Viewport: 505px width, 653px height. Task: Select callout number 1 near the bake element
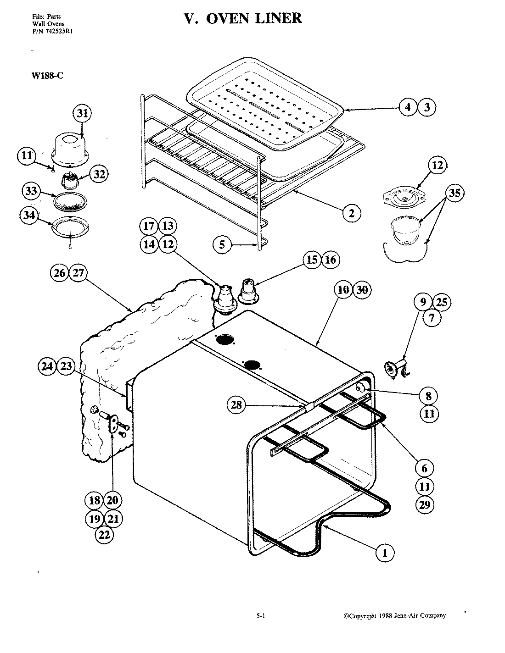point(385,553)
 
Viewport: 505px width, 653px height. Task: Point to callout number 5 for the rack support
point(222,244)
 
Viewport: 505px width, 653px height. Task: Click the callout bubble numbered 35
point(454,193)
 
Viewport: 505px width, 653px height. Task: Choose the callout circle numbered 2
point(351,213)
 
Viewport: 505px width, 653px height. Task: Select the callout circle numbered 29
point(425,504)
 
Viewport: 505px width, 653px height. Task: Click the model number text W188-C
point(47,76)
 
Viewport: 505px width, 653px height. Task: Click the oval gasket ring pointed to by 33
point(70,201)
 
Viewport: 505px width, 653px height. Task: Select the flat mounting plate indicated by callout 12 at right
point(404,196)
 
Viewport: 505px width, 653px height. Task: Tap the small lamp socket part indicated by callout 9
point(394,368)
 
